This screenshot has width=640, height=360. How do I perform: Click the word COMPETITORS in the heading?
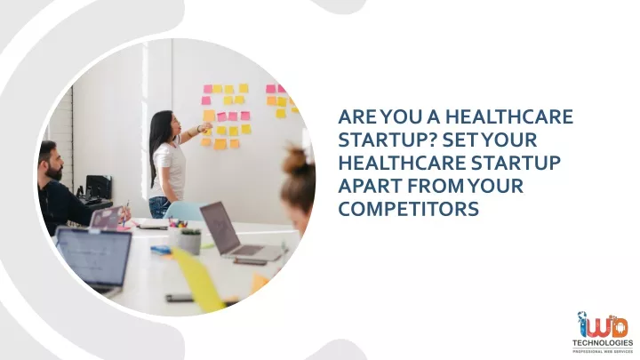coord(409,209)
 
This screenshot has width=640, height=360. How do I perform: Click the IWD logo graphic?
coord(603,325)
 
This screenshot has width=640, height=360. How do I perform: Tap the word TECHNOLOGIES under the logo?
coord(603,343)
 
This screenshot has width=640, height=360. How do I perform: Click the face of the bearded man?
coord(55,165)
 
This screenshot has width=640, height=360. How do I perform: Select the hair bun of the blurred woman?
coord(295,159)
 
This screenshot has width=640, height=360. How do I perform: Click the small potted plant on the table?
coord(190,241)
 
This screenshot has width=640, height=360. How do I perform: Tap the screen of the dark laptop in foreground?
coord(94,256)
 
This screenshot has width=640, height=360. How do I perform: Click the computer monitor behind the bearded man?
coord(99,188)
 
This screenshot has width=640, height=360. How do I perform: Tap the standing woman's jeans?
coord(160,206)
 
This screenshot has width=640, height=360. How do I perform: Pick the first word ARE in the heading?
coord(357,116)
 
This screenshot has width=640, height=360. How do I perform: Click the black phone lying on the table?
coord(180,298)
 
